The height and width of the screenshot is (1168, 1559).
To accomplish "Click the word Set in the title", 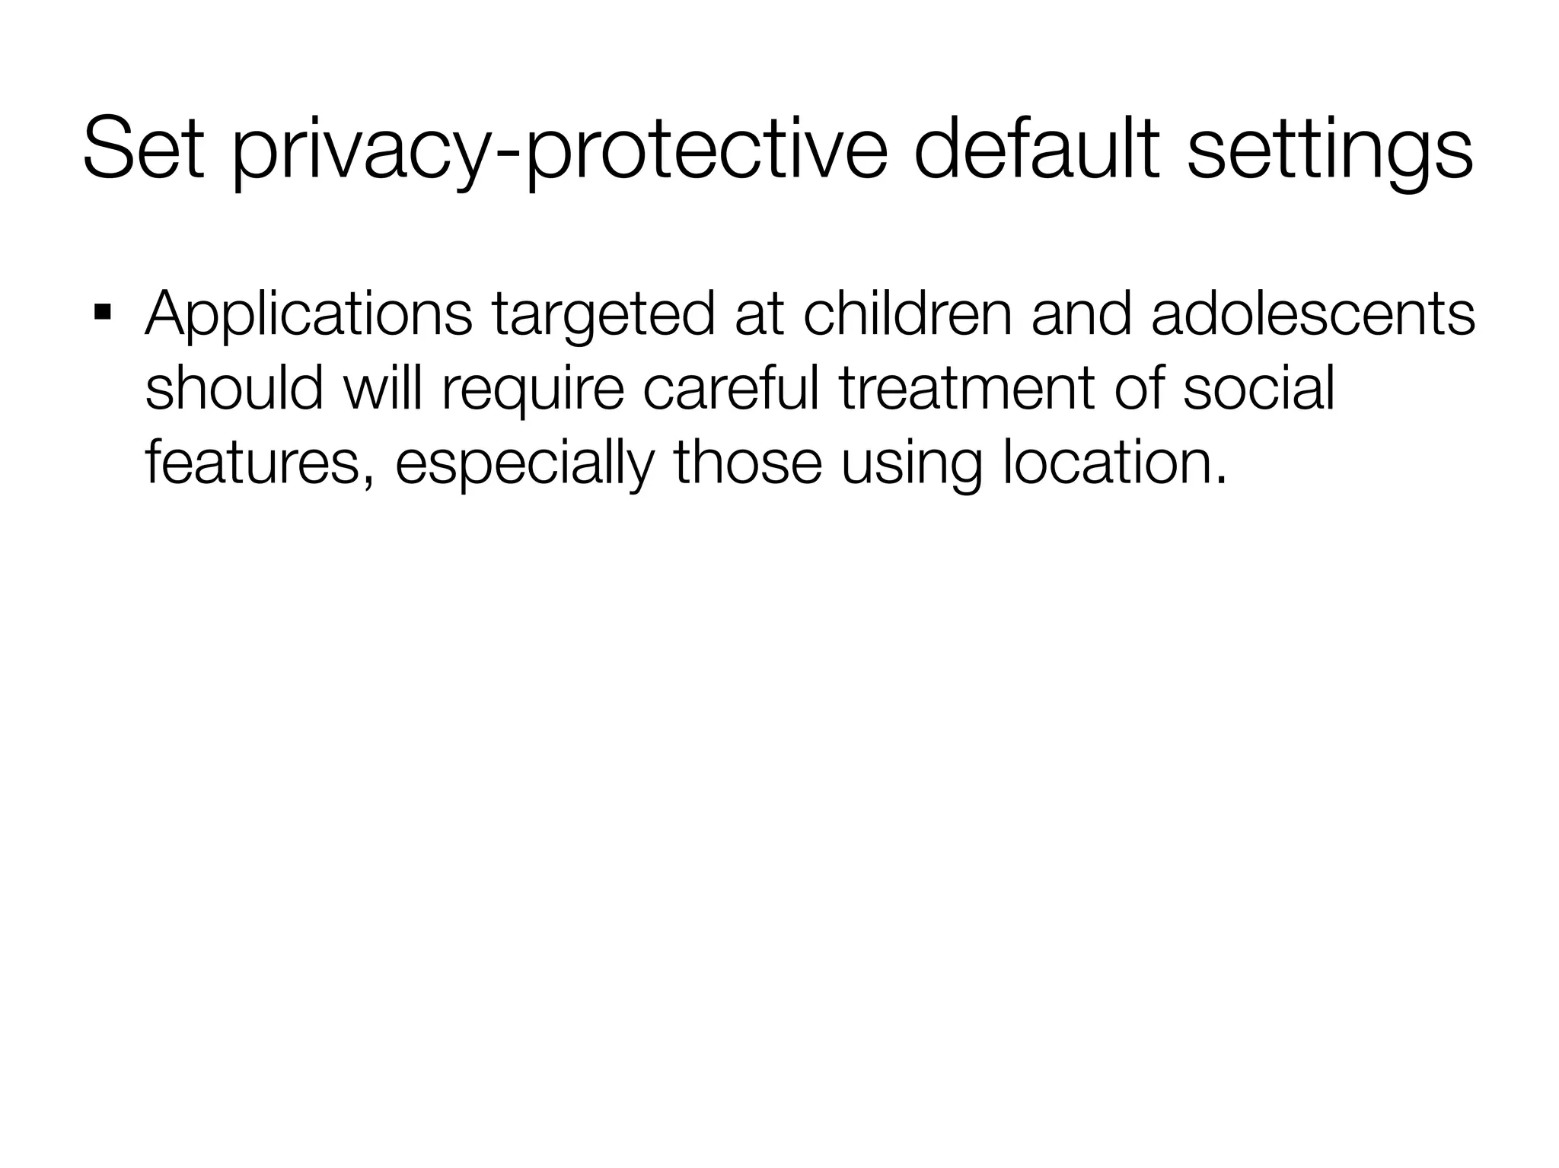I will coord(143,148).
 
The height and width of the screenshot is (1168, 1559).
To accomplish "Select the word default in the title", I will coord(1036,148).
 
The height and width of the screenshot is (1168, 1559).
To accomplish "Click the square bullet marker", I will coord(102,312).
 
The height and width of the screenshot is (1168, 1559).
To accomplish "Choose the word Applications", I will coord(308,315).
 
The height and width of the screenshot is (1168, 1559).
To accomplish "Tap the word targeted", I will coord(603,315).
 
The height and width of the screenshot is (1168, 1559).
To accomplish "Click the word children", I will coord(907,313).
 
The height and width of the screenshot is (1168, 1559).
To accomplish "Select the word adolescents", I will coord(1313,313).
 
